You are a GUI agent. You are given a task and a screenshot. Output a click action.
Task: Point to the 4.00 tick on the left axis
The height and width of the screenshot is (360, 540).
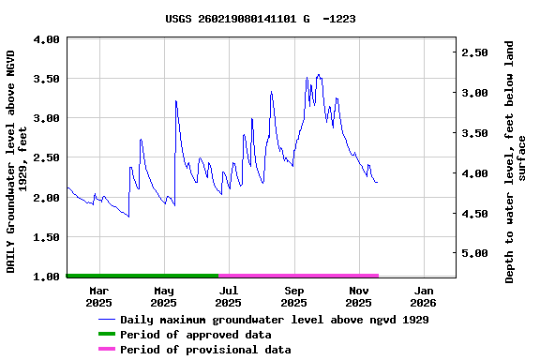tap(48, 39)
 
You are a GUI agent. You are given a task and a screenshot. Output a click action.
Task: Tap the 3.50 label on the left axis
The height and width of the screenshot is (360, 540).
tap(48, 79)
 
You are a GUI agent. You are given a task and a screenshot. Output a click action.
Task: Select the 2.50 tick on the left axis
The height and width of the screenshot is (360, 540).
tap(48, 158)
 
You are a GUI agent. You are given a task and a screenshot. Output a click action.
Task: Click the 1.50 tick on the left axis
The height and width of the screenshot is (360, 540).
tap(48, 238)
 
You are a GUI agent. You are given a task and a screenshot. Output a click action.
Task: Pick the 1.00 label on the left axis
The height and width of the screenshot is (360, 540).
tap(48, 277)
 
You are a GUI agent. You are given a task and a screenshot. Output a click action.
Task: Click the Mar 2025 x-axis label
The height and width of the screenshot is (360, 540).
tap(98, 296)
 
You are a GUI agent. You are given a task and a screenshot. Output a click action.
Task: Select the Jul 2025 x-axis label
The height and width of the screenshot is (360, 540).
tap(228, 296)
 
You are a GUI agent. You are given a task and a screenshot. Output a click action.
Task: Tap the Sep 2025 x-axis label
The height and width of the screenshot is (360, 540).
tap(293, 296)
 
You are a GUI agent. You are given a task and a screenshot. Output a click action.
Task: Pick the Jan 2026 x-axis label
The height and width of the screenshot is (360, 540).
tap(423, 296)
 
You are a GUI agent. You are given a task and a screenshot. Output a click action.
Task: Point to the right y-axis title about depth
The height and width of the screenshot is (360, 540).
tap(516, 160)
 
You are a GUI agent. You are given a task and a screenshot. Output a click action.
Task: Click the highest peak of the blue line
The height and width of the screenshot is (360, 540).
tap(319, 75)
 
